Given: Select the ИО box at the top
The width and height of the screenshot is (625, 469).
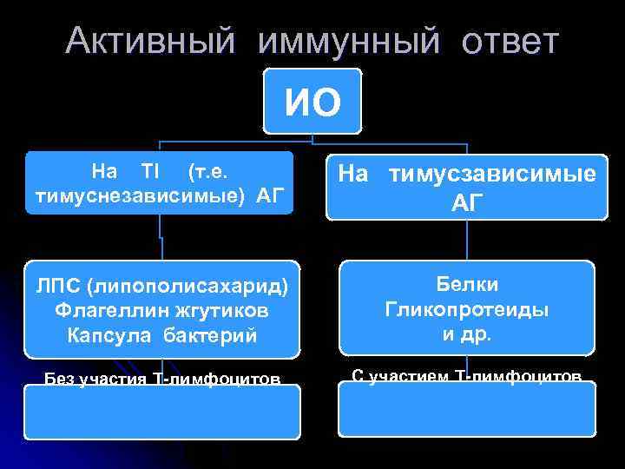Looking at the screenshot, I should (312, 102).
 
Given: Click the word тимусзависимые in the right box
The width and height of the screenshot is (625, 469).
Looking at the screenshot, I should (491, 174).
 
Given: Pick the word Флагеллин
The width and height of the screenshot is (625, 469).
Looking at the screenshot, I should (101, 310).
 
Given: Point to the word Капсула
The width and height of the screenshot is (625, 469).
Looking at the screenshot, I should (107, 335).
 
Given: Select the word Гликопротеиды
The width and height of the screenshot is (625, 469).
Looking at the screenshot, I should (466, 309).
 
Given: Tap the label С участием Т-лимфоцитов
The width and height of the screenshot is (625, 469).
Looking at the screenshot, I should (466, 377).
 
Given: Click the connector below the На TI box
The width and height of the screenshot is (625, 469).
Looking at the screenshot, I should (161, 236).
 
